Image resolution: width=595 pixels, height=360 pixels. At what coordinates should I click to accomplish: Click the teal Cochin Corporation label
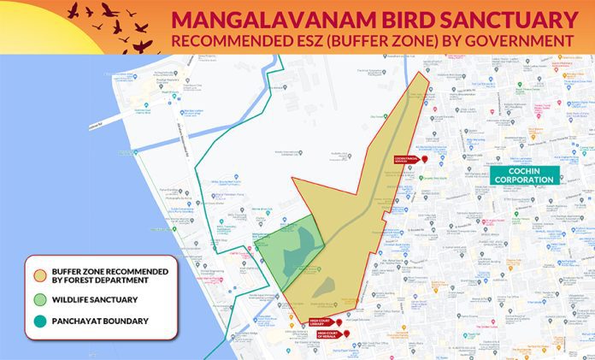click(x=524, y=175)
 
